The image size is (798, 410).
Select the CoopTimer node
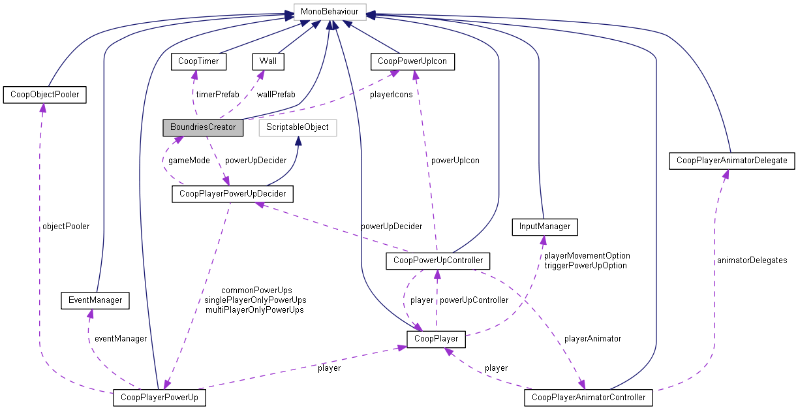pos(198,61)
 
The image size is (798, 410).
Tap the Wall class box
pos(268,61)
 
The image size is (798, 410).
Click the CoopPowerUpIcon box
pos(412,61)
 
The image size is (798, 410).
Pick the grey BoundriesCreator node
pos(203,127)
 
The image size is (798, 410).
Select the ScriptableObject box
pos(298,127)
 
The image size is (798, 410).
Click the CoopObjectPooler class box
pos(45,95)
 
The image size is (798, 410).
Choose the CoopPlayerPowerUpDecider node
pos(233,194)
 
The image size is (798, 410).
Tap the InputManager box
pos(545,227)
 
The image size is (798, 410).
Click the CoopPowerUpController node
pos(438,260)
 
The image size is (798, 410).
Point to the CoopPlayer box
pos(437,339)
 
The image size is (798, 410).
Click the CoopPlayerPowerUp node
pos(160,397)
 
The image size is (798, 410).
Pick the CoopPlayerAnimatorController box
pos(589,397)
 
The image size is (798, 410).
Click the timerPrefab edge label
pos(217,95)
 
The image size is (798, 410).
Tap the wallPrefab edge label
pos(276,95)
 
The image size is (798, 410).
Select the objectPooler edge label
pos(65,227)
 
